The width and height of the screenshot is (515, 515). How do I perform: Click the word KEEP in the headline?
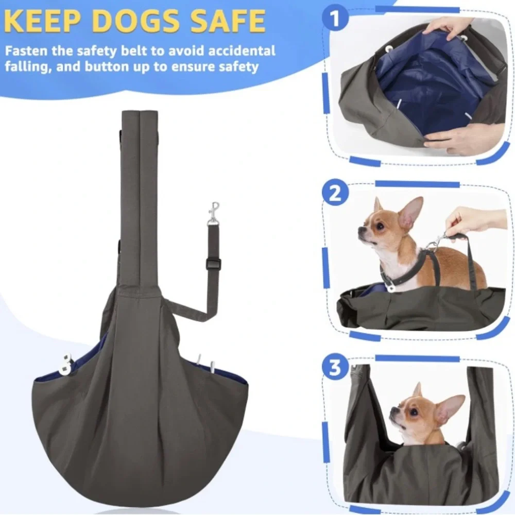coord(42,21)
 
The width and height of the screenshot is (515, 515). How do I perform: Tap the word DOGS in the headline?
coord(135,21)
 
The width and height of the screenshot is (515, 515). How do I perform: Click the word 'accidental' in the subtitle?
coord(242,51)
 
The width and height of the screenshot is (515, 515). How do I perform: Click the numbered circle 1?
coord(335,18)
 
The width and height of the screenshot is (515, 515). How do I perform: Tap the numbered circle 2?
coord(335,193)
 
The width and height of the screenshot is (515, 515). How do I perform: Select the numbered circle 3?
coord(335,367)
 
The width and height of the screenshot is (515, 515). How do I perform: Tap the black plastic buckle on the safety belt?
coord(214,264)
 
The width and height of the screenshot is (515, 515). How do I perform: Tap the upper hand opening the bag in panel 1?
coord(447,28)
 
